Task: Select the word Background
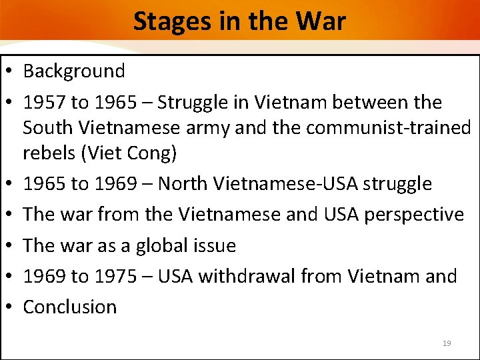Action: coord(74,71)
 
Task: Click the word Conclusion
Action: coord(70,307)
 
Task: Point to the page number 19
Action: coord(447,343)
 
